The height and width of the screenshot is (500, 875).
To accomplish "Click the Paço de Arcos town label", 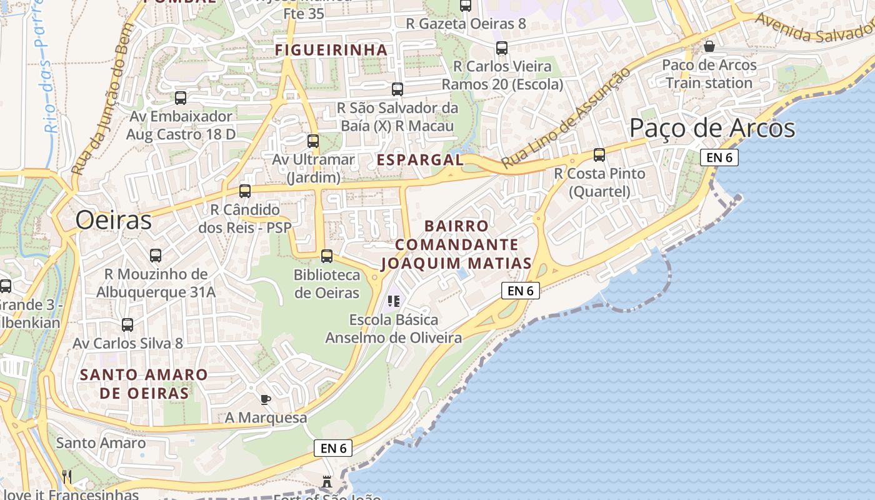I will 712,128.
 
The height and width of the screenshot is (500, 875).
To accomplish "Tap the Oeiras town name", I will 114,221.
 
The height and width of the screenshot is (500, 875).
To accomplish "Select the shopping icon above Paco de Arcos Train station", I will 709,46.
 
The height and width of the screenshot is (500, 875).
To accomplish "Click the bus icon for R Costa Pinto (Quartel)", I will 599,155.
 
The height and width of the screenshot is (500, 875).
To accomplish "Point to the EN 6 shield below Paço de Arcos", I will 719,157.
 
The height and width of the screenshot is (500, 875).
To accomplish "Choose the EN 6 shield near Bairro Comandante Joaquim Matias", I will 520,291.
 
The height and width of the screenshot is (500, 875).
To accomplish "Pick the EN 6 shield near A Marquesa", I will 333,448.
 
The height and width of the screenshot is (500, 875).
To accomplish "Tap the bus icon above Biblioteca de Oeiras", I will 327,256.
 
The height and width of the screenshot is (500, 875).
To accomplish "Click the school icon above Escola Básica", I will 394,301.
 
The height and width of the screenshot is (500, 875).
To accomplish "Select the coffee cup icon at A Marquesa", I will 266,399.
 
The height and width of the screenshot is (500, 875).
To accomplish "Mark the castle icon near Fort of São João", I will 326,482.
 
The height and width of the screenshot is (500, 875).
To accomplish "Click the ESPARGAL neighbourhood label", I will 420,160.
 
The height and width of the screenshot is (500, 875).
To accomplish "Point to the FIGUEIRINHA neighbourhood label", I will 331,49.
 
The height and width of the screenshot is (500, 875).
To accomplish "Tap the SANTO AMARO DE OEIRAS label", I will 144,384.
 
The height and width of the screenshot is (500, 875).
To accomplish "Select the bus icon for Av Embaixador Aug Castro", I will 181,98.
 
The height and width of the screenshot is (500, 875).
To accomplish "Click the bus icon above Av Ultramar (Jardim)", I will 313,141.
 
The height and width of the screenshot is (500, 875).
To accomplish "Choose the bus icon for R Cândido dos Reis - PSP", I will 245,191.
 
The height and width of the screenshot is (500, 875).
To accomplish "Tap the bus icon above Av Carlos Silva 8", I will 127,325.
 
